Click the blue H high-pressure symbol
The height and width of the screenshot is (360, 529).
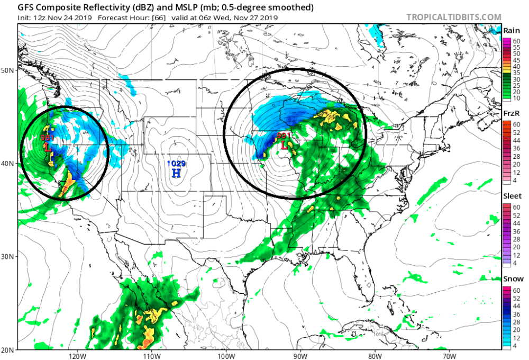click(x=177, y=173)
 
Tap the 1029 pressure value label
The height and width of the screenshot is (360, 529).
click(x=177, y=164)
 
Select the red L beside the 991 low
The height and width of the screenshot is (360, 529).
click(x=285, y=144)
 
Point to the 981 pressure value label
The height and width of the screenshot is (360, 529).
click(x=48, y=138)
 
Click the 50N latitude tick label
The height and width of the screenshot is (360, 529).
click(x=9, y=70)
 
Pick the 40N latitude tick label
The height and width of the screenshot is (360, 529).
click(x=9, y=163)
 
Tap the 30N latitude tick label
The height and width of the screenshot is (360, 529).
click(x=9, y=256)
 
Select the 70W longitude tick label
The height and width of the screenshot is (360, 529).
click(x=449, y=355)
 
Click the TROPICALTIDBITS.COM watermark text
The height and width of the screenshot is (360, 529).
click(x=453, y=17)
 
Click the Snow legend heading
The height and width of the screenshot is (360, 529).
click(x=513, y=278)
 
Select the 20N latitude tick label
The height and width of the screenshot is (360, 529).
click(x=9, y=349)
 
